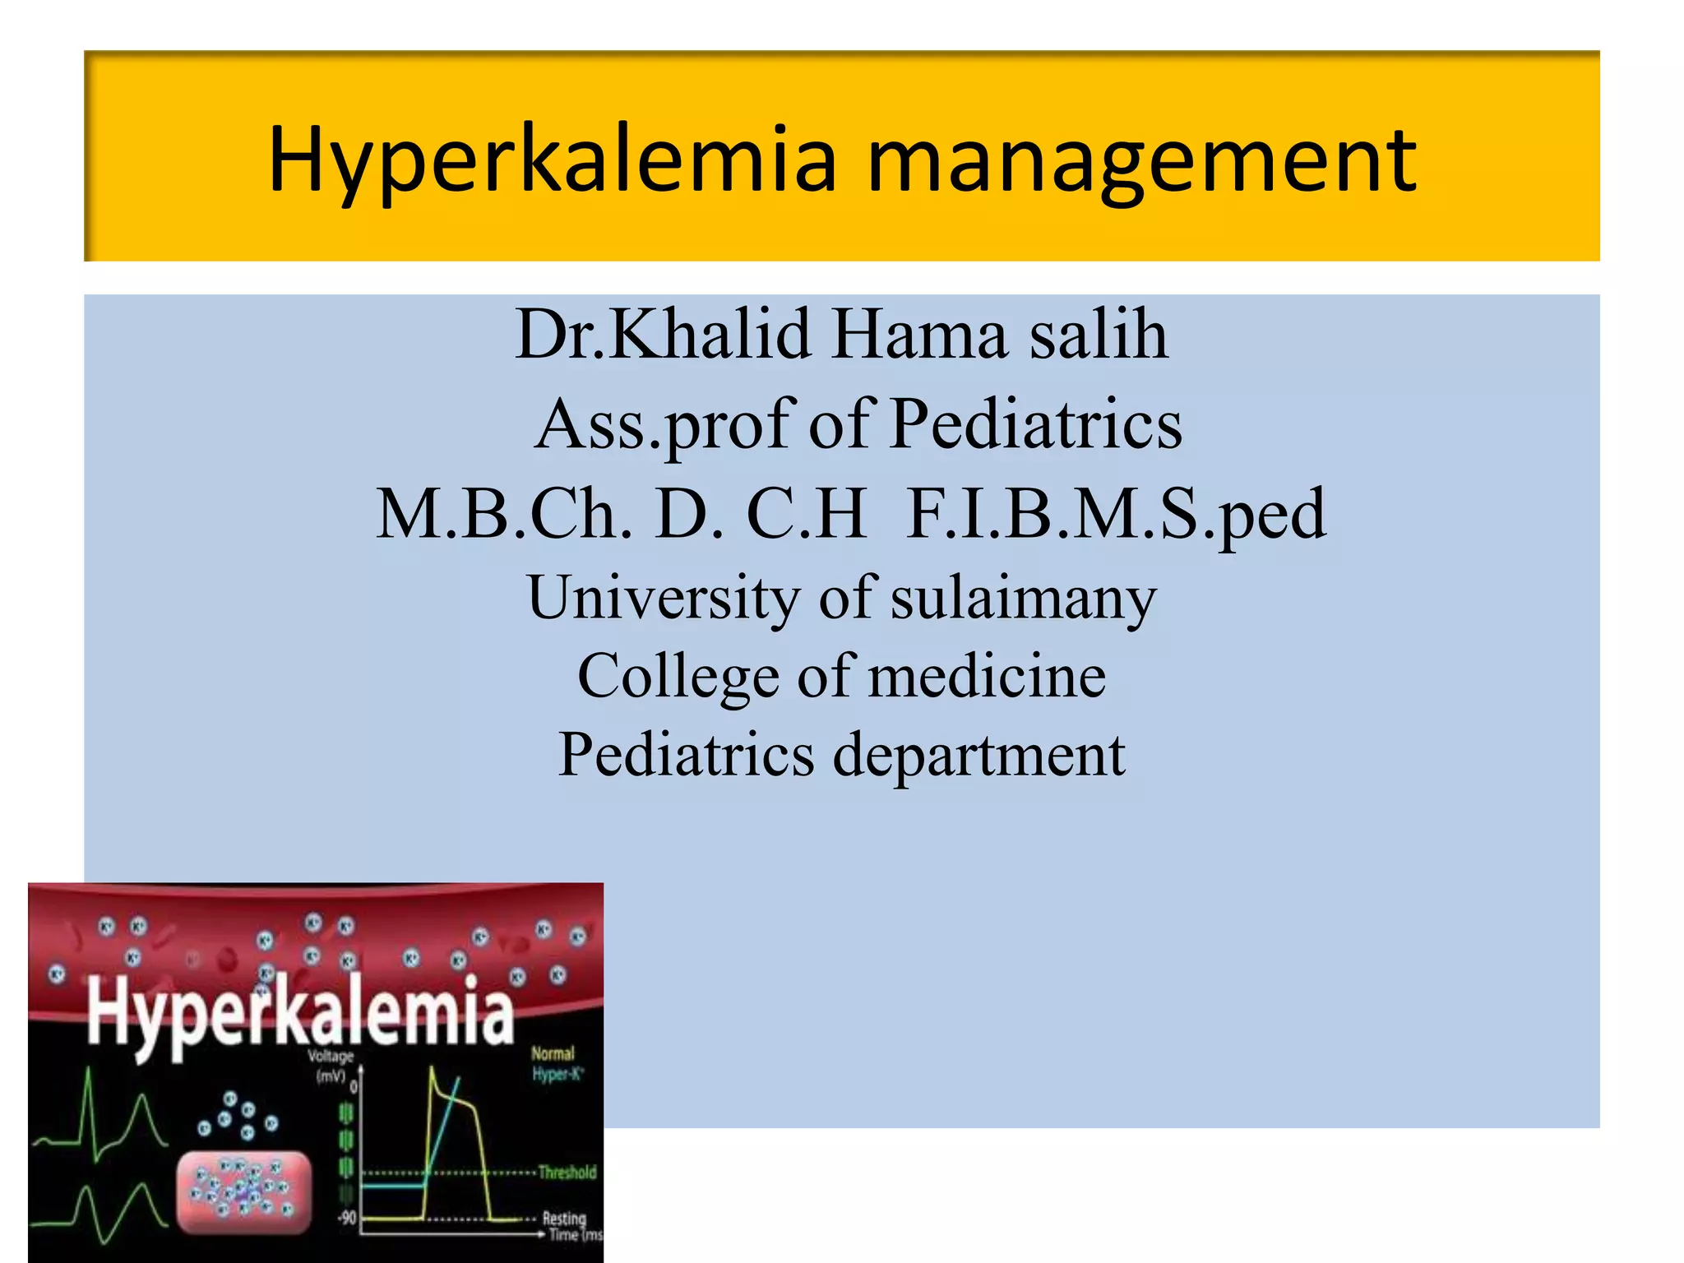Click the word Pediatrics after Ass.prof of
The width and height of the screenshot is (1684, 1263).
pyautogui.click(x=1036, y=425)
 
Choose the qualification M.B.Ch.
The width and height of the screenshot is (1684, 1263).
pyautogui.click(x=503, y=515)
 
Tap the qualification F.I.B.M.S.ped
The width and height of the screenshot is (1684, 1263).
pyautogui.click(x=1116, y=515)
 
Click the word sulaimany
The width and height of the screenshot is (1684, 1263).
pyautogui.click(x=1024, y=598)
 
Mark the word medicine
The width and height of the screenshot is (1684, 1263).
pyautogui.click(x=987, y=677)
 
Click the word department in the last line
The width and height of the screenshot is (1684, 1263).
pyautogui.click(x=978, y=755)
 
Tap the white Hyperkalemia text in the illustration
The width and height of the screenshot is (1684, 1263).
pyautogui.click(x=300, y=1014)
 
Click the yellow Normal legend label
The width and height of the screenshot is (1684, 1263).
pyautogui.click(x=553, y=1053)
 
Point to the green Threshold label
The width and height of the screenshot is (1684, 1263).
pyautogui.click(x=567, y=1172)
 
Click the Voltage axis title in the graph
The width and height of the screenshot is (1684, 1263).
pyautogui.click(x=331, y=1056)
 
